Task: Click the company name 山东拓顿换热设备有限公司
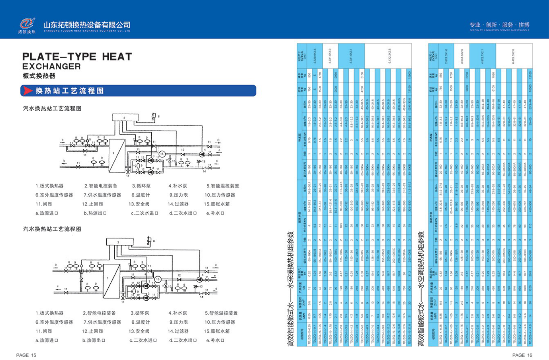click(x=87, y=25)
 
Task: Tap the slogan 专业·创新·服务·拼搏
click(x=499, y=25)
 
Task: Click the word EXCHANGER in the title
click(x=51, y=66)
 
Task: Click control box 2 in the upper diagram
click(x=125, y=118)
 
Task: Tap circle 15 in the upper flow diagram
click(x=162, y=154)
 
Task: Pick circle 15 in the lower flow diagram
click(x=157, y=279)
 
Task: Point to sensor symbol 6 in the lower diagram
click(x=149, y=240)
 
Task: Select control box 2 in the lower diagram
click(x=118, y=242)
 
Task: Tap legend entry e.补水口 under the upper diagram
click(x=215, y=213)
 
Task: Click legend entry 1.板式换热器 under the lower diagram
click(x=49, y=313)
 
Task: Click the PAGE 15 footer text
click(x=26, y=355)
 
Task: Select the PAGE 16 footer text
click(x=522, y=355)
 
